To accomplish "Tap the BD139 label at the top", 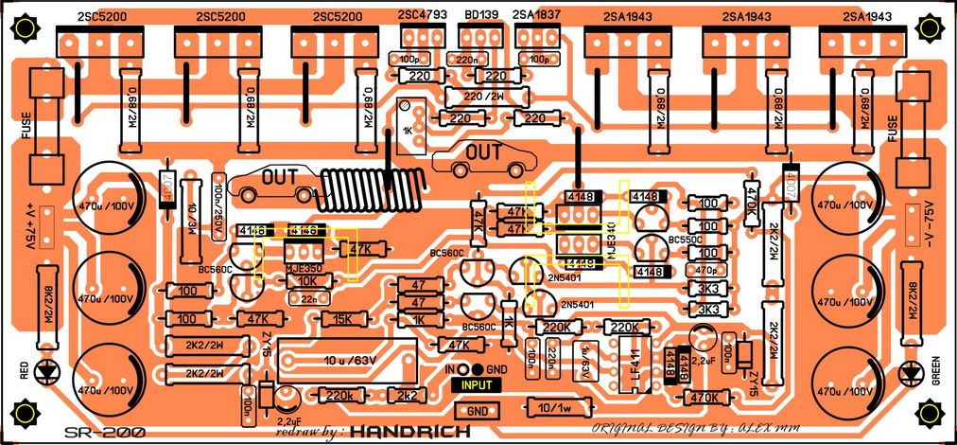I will pos(478,16).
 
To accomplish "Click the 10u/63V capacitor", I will pos(349,360).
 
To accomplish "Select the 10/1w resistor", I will pos(555,408).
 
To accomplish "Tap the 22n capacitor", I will pos(309,298).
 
